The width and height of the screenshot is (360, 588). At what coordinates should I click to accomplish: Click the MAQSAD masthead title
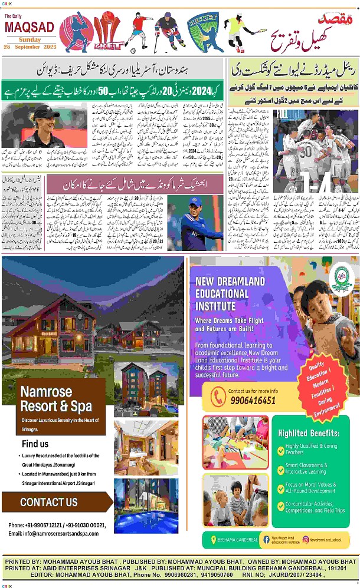coord(30,28)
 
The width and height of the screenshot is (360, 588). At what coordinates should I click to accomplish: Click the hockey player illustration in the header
coord(168,32)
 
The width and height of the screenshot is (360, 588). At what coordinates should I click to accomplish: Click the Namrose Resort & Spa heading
coord(56,399)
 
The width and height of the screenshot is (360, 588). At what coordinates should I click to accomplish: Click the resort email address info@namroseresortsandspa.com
coord(54,533)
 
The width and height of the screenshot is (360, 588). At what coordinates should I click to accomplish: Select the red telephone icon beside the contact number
coord(217,396)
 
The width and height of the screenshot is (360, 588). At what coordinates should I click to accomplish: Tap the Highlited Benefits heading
coord(309,432)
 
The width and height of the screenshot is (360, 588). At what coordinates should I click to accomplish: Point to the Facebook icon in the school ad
coord(266,539)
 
